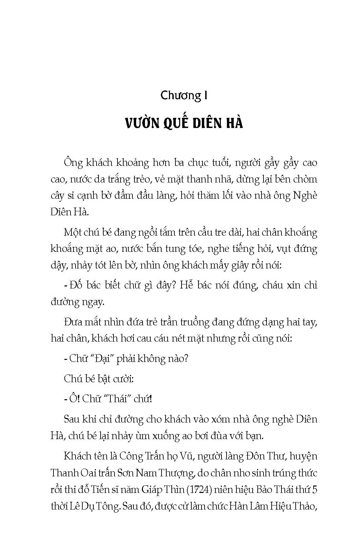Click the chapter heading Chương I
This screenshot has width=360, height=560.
184,96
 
